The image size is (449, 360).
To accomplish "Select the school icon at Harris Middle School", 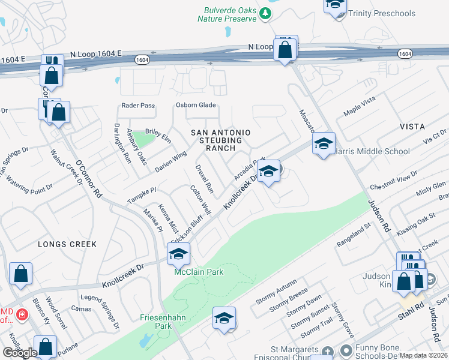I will point(323,144).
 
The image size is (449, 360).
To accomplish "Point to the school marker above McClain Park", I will point(178,254).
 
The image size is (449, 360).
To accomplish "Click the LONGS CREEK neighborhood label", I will point(63,244).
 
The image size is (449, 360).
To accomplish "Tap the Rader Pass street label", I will point(138,105).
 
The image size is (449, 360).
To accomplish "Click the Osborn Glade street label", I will point(195,105).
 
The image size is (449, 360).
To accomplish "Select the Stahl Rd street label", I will point(407,312).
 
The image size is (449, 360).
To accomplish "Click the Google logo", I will point(20,353).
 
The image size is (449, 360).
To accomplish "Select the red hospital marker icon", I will point(22,314).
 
